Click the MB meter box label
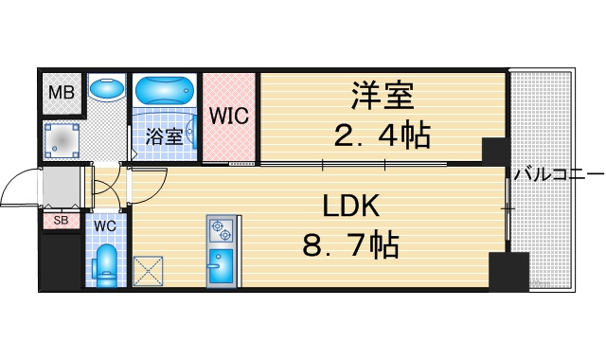pyautogui.click(x=62, y=93)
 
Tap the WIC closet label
pyautogui.click(x=228, y=116)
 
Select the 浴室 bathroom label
pyautogui.click(x=164, y=136)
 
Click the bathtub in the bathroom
pyautogui.click(x=165, y=90)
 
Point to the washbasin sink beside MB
pyautogui.click(x=107, y=88)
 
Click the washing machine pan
pyautogui.click(x=62, y=141)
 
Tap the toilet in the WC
pyautogui.click(x=106, y=265)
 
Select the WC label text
pyautogui.click(x=105, y=226)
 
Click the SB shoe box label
pyautogui.click(x=61, y=221)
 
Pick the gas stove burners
pyautogui.click(x=221, y=230)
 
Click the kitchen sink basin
pyautogui.click(x=221, y=263)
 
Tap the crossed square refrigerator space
pyautogui.click(x=148, y=271)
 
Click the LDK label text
pyautogui.click(x=351, y=207)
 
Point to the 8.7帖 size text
pyautogui.click(x=350, y=244)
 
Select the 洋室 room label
pyautogui.click(x=383, y=96)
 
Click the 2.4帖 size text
pyautogui.click(x=382, y=135)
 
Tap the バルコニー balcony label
pyautogui.click(x=559, y=174)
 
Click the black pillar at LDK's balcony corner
pyautogui.click(x=508, y=272)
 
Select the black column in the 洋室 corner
pyautogui.click(x=494, y=151)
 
